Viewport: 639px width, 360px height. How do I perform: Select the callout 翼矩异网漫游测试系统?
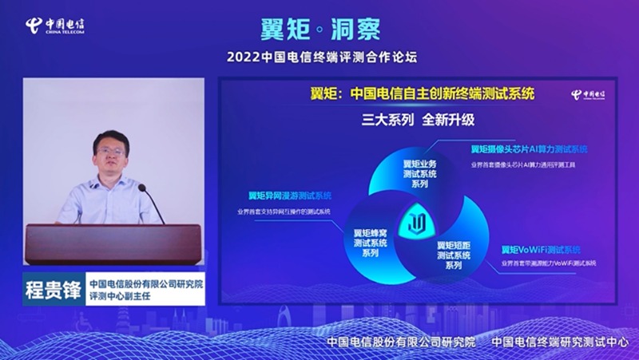(x=289, y=196)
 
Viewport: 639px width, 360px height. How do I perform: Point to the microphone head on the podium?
(x=142, y=189)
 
